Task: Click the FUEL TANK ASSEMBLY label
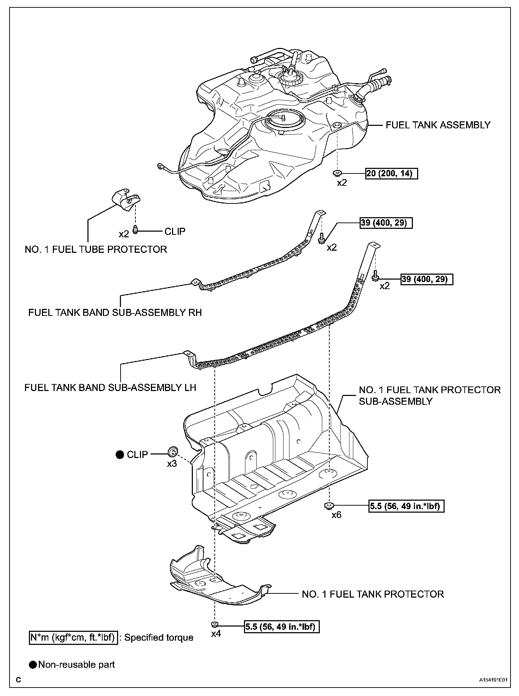coord(438,125)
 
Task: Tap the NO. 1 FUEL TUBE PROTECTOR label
coord(96,249)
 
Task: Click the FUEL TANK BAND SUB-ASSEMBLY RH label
coord(115,313)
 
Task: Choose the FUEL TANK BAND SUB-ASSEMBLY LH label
coord(110,387)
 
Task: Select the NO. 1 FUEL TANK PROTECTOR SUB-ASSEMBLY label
coord(429,396)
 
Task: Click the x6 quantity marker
coord(336,515)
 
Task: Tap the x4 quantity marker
coord(216,634)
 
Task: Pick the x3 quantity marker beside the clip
coord(172,464)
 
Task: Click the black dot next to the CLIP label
coord(120,454)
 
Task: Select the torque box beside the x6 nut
coord(406,506)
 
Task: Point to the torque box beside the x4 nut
coord(281,627)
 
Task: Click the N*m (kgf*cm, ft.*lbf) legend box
coord(73,637)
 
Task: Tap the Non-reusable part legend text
coord(77,665)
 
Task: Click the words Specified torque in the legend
coord(159,637)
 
